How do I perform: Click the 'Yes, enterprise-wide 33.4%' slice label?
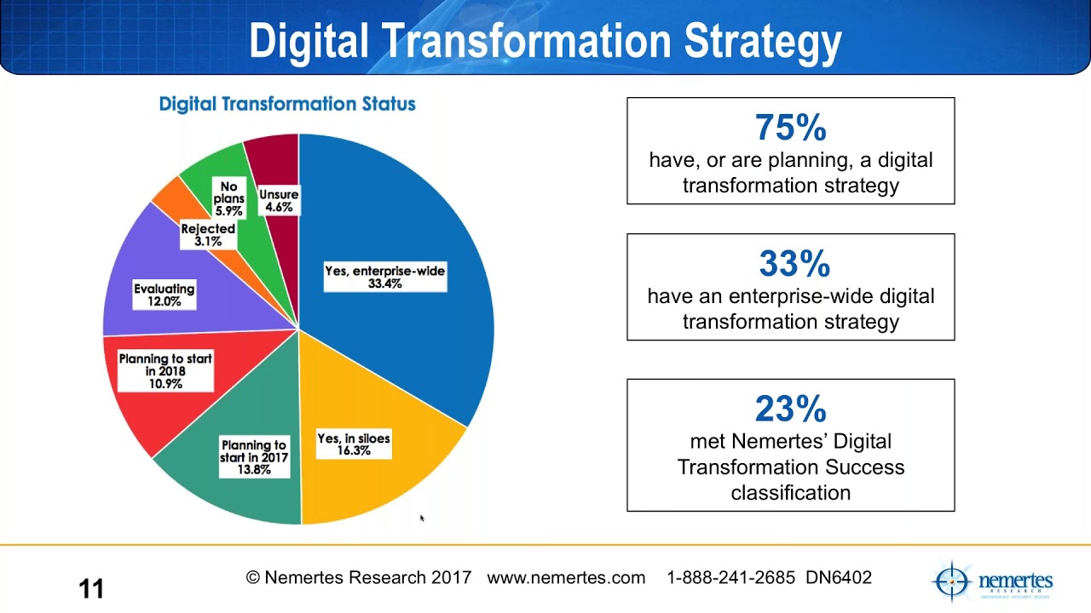pos(385,277)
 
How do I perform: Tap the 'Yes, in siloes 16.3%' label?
pos(354,444)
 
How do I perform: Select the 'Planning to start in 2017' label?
pos(254,457)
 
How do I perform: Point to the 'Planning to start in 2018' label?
pos(165,371)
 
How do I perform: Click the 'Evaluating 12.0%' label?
pos(165,295)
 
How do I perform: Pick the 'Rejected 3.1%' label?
pos(208,235)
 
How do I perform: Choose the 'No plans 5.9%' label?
pos(228,198)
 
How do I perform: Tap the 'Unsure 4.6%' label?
pos(279,201)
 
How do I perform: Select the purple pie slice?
pos(145,264)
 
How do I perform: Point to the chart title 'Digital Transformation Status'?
pos(287,104)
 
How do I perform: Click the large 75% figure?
pos(790,128)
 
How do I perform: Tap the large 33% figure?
pos(794,264)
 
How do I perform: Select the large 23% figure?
pos(790,410)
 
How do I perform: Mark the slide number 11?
pos(91,588)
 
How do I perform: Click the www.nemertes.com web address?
pos(566,578)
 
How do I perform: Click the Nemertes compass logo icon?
pos(951,581)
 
